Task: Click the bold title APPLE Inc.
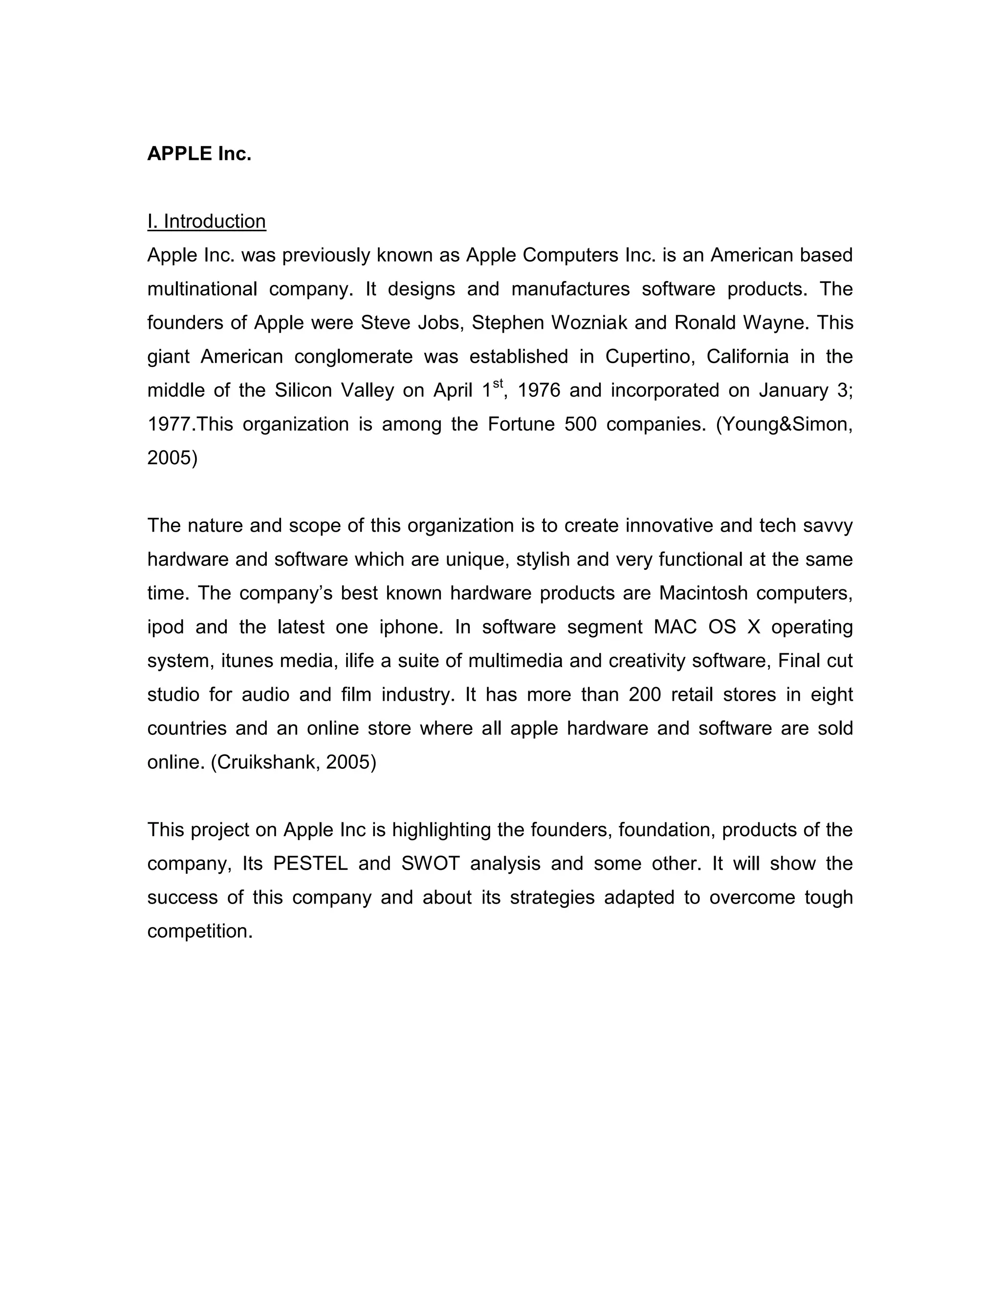pos(199,153)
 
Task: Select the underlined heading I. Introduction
pos(206,221)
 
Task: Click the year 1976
pos(539,390)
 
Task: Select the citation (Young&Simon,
pos(784,425)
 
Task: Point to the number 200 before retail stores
pos(645,694)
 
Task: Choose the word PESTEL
pos(310,863)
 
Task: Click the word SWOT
pos(431,863)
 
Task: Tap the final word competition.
pos(200,931)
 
